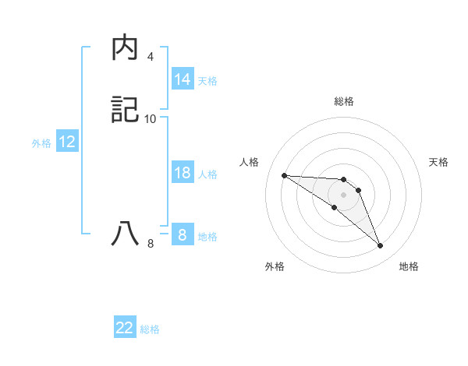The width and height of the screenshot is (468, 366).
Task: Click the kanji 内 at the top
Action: click(126, 48)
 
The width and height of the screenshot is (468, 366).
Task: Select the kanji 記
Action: click(126, 110)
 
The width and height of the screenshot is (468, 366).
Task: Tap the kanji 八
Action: click(126, 234)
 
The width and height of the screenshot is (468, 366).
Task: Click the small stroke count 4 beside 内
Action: click(150, 57)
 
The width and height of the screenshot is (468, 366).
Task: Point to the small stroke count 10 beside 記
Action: click(151, 118)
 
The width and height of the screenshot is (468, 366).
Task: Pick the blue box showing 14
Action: click(183, 79)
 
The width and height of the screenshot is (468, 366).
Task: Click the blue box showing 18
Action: click(183, 173)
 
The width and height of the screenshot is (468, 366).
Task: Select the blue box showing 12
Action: click(67, 142)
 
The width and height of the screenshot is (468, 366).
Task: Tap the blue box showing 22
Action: click(125, 328)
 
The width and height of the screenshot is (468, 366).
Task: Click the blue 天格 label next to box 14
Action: click(207, 81)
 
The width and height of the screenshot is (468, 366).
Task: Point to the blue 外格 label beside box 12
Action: click(41, 143)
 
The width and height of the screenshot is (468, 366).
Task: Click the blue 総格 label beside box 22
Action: click(150, 329)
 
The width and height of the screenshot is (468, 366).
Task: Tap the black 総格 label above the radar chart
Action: click(343, 101)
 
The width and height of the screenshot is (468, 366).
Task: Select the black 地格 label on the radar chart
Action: click(409, 266)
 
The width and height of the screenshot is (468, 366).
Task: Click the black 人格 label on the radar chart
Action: click(250, 162)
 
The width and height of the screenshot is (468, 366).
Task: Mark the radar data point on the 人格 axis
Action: click(284, 175)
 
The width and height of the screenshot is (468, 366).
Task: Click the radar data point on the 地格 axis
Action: click(380, 246)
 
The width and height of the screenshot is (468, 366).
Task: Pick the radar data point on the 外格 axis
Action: click(334, 207)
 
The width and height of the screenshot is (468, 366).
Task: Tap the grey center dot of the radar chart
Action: click(343, 195)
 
